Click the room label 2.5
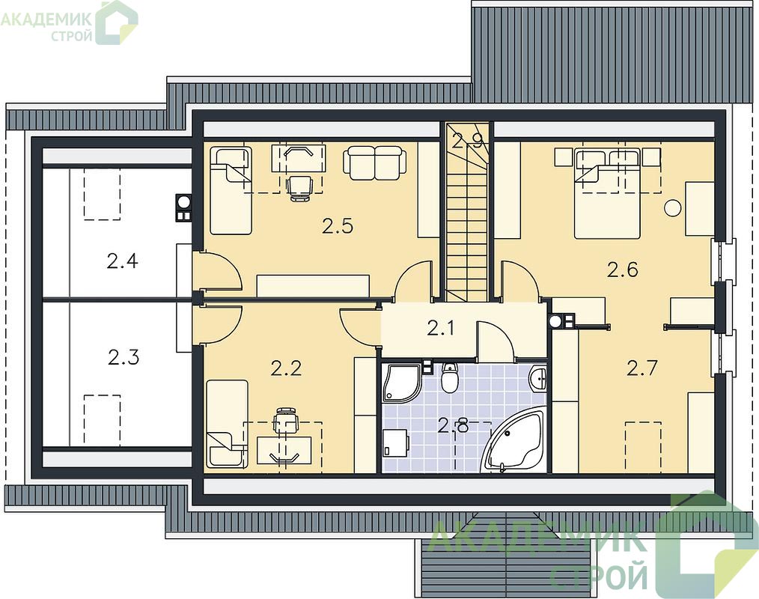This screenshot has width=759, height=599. pos(338,226)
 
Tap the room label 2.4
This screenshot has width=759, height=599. pos(123,261)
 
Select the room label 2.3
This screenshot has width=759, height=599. pos(124,357)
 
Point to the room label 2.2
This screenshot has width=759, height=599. pos(286,368)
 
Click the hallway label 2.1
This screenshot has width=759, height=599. pos(440,329)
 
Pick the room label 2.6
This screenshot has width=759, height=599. pos(623,270)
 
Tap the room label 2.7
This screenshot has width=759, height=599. pos(642,369)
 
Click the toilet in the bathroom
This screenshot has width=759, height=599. pos(450,377)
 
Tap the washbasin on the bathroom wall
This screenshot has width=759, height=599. pos(538,377)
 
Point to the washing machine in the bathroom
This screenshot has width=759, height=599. pos(396,443)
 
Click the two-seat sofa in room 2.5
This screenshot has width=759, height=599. pos(375,162)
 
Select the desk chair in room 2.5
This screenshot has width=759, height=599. pos(299,187)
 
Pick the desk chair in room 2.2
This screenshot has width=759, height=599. pos(286,420)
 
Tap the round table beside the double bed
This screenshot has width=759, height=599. pos(673,207)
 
